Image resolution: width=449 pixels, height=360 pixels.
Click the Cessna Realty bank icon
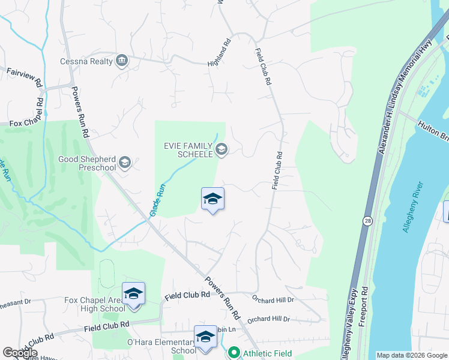click(122, 61)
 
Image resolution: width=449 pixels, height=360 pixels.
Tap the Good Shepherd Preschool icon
click(125, 161)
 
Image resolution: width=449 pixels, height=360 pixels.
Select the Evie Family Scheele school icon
click(221, 149)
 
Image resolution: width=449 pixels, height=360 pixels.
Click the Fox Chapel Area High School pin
click(133, 294)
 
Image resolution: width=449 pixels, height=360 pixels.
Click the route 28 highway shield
click(366, 221)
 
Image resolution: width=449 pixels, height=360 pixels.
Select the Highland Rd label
click(219, 53)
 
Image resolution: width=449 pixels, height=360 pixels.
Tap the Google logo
click(20, 353)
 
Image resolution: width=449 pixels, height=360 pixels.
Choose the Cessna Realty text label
click(86, 61)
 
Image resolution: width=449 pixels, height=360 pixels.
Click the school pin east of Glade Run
click(212, 199)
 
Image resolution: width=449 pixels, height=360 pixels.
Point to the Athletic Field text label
click(267, 353)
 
